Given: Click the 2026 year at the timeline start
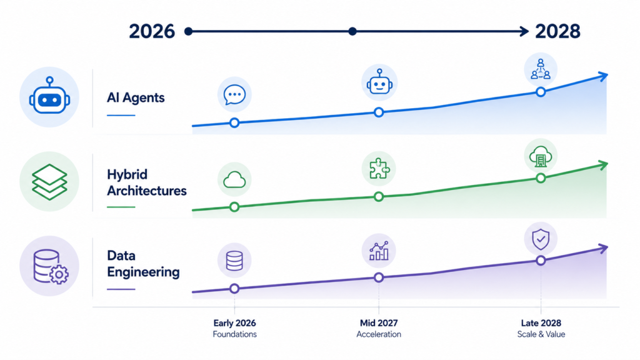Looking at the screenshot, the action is point(152,31).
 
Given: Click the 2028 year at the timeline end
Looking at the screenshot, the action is point(557,31).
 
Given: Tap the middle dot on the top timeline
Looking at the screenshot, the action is point(352,31).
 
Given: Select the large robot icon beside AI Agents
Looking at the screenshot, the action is point(49,97).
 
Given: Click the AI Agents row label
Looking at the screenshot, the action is point(136,97).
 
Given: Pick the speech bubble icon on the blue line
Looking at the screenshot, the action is point(234,94).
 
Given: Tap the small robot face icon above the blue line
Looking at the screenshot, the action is point(379,82).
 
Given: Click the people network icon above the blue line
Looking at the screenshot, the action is point(541,69).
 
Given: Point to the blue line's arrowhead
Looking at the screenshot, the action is point(603,76).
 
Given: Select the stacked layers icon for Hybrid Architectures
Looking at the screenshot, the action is point(49,182).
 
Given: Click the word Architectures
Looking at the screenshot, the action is point(146,191).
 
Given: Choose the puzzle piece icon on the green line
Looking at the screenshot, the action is point(379,169).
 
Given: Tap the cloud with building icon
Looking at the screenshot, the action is point(541,156).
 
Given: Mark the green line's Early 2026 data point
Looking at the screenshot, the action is point(234,207).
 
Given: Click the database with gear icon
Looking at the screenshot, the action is point(50,266).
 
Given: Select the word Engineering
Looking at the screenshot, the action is point(143,272).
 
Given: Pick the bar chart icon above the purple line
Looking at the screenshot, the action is point(379,251).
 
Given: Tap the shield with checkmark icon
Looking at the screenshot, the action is point(541,239).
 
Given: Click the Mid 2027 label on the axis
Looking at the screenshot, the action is point(379,323).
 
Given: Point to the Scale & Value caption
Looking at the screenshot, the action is point(541,334).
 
